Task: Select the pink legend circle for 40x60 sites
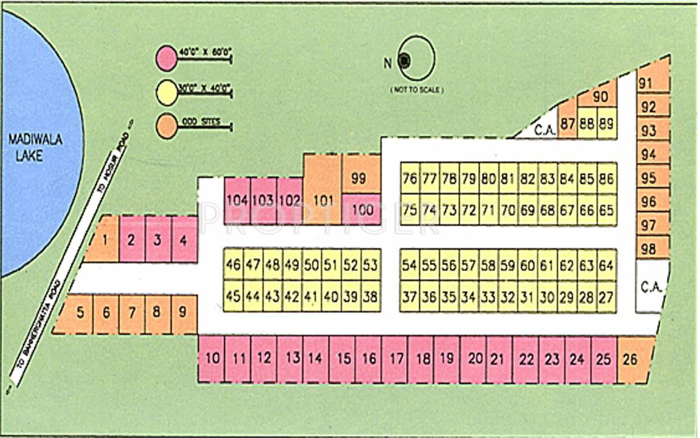pos(167,59)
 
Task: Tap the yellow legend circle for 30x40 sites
pos(167,92)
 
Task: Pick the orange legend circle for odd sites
pos(167,126)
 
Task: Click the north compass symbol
pos(416,59)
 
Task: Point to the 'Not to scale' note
pos(417,90)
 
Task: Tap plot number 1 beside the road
pos(105,240)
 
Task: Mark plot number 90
pos(600,97)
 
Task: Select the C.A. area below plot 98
pos(651,286)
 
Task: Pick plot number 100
pos(363,209)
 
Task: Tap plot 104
pos(237,200)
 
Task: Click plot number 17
pos(397,359)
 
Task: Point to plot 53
pos(371,265)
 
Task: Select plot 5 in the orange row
pos(80,313)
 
